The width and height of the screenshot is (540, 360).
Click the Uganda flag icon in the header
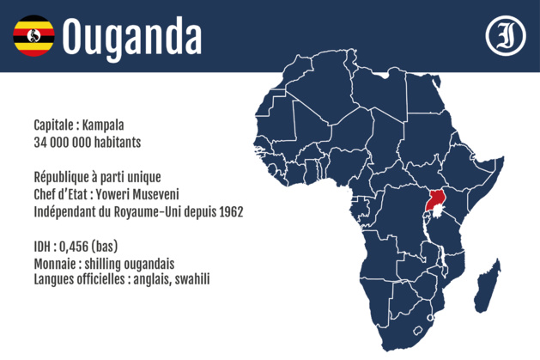[33, 35]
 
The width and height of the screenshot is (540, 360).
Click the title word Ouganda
[133, 36]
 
